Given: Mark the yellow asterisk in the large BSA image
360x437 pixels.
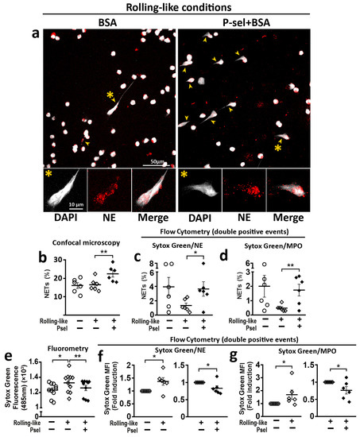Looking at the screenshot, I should click(x=110, y=95).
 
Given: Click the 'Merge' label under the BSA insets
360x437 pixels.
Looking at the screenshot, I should click(x=147, y=218).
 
